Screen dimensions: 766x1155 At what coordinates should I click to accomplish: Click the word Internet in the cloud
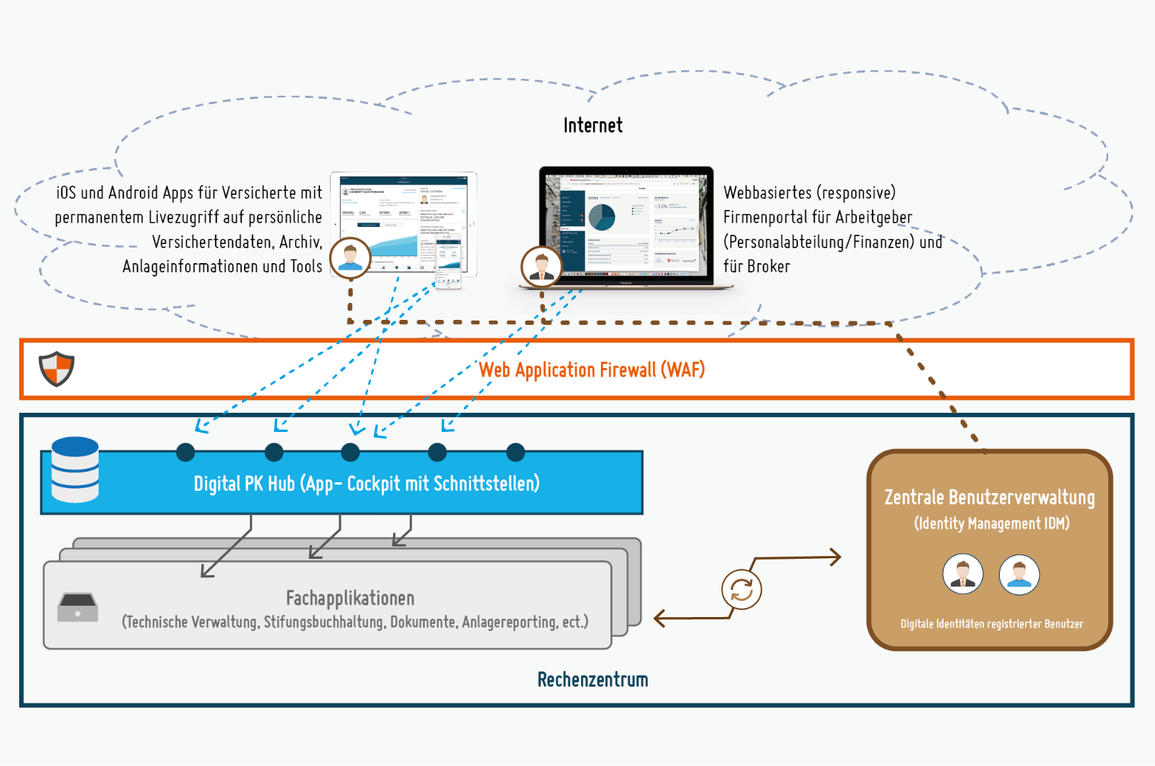click(x=592, y=126)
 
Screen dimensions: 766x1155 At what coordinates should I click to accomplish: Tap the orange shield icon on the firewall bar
click(x=57, y=368)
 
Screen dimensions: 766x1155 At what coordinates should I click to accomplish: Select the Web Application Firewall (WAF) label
click(x=592, y=370)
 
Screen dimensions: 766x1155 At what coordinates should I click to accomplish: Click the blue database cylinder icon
click(x=75, y=470)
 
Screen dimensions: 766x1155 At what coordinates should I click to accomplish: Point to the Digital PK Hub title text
click(x=366, y=484)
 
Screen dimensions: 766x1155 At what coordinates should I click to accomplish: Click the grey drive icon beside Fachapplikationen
click(x=77, y=608)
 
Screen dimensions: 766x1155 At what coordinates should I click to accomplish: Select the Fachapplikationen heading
click(x=350, y=598)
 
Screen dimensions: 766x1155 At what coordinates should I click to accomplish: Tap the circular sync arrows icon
click(x=741, y=589)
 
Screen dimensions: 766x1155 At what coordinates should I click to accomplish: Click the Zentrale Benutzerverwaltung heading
click(x=989, y=497)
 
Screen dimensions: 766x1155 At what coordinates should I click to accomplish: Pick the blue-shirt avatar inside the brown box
click(x=1019, y=574)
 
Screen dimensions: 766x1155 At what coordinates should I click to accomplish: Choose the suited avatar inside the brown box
click(x=963, y=574)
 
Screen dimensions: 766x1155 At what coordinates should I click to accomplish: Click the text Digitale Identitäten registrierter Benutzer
click(x=991, y=624)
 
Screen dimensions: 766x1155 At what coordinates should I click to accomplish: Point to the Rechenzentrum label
click(x=592, y=679)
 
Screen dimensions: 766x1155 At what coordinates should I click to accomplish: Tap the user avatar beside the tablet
click(x=350, y=257)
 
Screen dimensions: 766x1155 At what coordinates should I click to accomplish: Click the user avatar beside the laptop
click(x=541, y=266)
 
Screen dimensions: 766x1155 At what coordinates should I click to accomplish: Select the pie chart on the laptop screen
click(x=602, y=217)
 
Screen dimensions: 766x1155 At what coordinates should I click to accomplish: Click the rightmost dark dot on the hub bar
click(x=516, y=452)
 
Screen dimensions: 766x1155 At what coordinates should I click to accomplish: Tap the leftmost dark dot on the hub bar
click(x=185, y=452)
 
